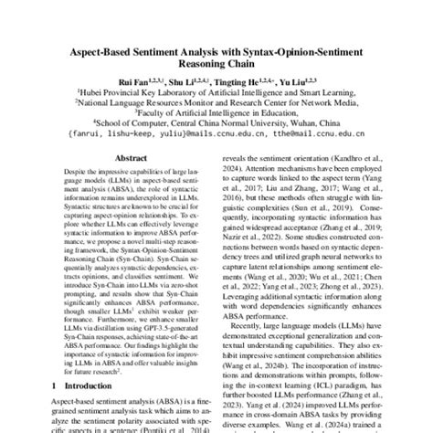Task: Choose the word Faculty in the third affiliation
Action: [x=166, y=111]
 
